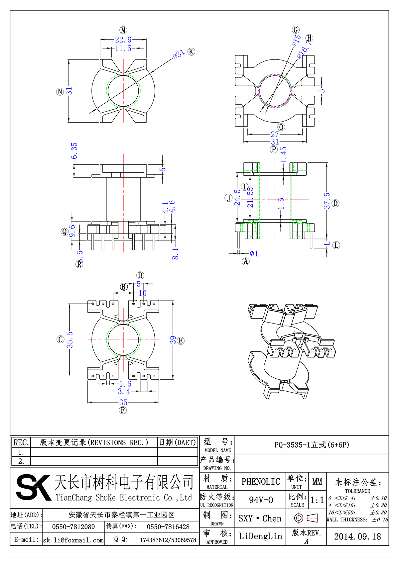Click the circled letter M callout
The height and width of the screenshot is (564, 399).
click(123, 30)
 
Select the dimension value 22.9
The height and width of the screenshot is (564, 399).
click(123, 40)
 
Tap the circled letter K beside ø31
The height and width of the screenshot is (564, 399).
click(191, 52)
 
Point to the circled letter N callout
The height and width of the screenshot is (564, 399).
click(60, 91)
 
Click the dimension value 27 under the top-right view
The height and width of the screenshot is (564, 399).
click(275, 134)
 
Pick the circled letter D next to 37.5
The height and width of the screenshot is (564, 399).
click(335, 203)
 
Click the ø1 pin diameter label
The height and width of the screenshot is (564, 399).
click(254, 253)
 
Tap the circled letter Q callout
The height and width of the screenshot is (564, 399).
click(65, 232)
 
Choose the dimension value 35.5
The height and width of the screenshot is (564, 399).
click(69, 339)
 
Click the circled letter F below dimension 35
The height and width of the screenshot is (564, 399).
click(123, 410)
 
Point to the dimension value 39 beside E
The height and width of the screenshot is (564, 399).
click(173, 340)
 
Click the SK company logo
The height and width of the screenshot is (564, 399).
click(33, 487)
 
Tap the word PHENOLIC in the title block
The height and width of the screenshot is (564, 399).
click(261, 482)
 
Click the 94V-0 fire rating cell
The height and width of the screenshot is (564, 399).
click(261, 500)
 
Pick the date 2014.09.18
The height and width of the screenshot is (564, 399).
click(357, 536)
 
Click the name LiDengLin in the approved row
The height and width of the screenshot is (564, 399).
click(260, 536)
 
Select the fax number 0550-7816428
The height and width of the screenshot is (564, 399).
click(168, 527)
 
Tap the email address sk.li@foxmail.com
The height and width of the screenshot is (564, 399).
click(73, 540)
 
